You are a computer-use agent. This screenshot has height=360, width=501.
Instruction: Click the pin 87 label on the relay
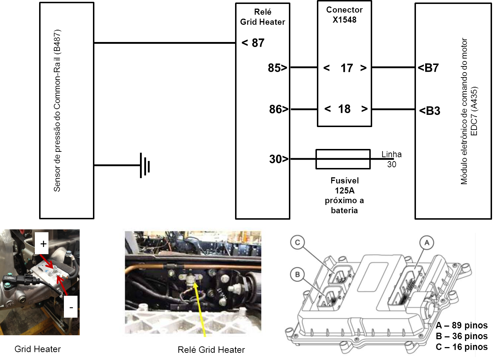253,43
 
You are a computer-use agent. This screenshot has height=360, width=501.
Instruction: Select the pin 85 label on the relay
277,67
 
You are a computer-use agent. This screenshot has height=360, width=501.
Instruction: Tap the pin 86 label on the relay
279,109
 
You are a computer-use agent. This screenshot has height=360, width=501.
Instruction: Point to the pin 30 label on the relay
279,159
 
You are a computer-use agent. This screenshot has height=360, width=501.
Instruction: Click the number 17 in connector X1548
347,68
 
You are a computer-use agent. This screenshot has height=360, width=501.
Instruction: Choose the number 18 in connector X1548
344,109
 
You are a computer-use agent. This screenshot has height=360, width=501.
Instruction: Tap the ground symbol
145,165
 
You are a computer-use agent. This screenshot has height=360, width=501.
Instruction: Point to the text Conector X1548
345,15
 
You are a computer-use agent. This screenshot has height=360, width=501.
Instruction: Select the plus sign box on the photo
42,243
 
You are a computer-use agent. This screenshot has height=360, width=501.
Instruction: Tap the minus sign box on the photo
71,307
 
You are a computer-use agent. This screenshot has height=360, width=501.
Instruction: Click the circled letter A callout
427,243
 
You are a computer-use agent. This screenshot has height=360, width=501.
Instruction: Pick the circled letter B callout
297,275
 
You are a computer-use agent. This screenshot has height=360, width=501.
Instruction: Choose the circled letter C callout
298,243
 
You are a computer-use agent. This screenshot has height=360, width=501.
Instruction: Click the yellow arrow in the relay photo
200,310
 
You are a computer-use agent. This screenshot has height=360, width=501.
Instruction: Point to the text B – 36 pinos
462,336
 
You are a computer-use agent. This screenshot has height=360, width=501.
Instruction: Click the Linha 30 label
392,159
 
